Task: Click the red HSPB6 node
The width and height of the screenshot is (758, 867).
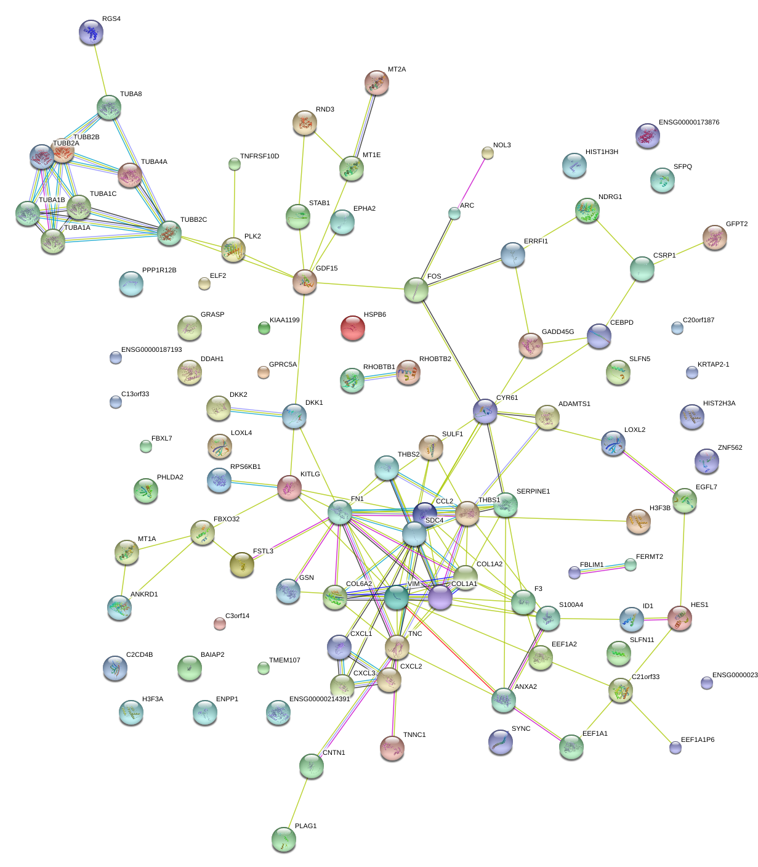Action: tap(353, 328)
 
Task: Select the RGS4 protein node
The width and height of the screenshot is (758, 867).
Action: tap(91, 33)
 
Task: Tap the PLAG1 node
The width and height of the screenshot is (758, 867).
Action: tap(284, 839)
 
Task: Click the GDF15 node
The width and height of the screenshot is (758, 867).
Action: tap(305, 282)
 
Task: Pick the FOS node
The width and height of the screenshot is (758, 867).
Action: tap(416, 290)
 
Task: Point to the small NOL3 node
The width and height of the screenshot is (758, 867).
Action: tap(487, 153)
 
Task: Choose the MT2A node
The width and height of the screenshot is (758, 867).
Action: tap(377, 83)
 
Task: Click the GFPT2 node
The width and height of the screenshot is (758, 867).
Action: tap(714, 238)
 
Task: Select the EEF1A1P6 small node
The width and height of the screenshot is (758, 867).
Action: tap(675, 747)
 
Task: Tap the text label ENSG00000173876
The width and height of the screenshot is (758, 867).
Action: tap(688, 123)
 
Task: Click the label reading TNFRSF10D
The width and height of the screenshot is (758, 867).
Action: tap(259, 157)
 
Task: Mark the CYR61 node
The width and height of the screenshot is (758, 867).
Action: tap(485, 411)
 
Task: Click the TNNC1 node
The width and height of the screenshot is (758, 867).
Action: tap(392, 747)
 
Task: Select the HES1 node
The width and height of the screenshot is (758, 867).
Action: tap(680, 618)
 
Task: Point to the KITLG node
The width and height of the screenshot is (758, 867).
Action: tap(289, 487)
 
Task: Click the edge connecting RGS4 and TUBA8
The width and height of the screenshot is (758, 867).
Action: tap(100, 70)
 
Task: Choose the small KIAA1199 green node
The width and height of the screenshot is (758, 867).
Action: tap(264, 328)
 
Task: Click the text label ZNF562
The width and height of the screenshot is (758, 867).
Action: tap(730, 448)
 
